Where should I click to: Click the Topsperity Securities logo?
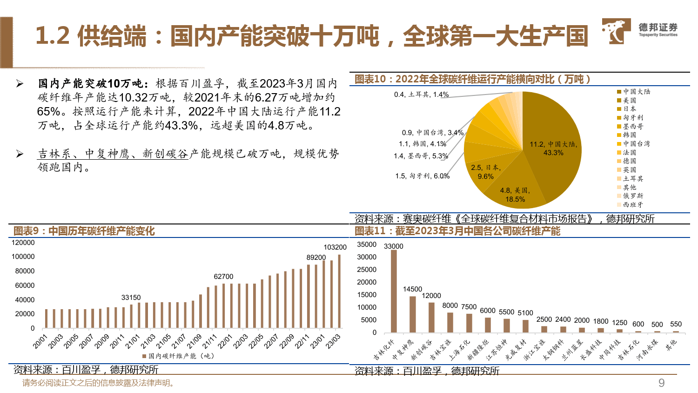click(639, 31)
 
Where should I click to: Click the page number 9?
click(661, 383)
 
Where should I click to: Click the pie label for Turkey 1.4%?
click(421, 95)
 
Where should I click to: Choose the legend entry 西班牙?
click(633, 204)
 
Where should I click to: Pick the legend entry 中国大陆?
click(636, 92)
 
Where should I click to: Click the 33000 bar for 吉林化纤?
click(394, 291)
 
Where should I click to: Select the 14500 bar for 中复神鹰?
click(413, 314)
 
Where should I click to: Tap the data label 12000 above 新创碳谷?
click(431, 296)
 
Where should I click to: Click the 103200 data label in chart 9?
click(335, 247)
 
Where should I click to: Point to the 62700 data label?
click(223, 277)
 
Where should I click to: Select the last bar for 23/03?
click(339, 291)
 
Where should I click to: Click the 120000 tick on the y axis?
click(23, 243)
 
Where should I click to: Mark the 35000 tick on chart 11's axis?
click(367, 244)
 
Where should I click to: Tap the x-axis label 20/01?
click(40, 341)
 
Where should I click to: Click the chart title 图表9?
click(84, 231)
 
